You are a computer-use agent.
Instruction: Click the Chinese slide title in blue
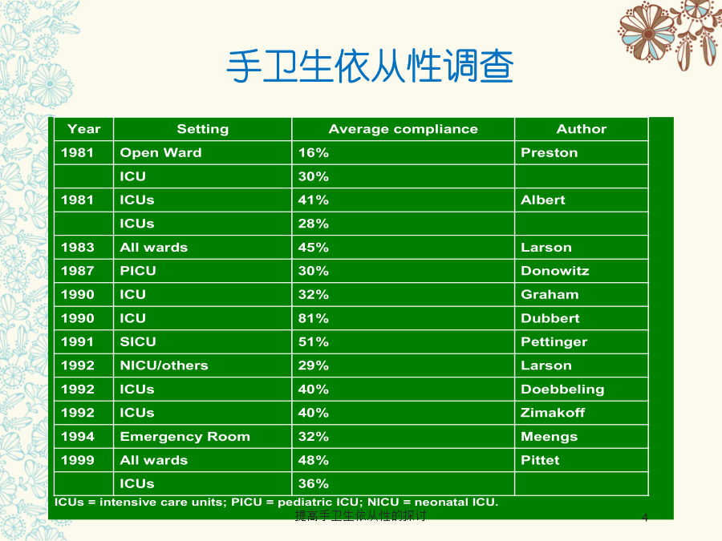pyautogui.click(x=370, y=67)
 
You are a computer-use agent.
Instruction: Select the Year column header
pyautogui.click(x=83, y=129)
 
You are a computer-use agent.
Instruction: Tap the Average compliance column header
pyautogui.click(x=403, y=129)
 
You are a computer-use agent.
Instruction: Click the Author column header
pyautogui.click(x=581, y=129)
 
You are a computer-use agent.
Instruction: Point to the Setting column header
pyautogui.click(x=203, y=129)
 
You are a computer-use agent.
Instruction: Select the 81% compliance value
pyautogui.click(x=313, y=318)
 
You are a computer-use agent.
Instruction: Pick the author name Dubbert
pyautogui.click(x=550, y=318)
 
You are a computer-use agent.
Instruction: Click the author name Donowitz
pyautogui.click(x=555, y=271)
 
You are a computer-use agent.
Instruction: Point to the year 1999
pyautogui.click(x=77, y=460)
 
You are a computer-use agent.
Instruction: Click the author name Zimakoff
pyautogui.click(x=553, y=413)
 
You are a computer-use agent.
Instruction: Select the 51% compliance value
pyautogui.click(x=313, y=341)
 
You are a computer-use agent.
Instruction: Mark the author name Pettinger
pyautogui.click(x=554, y=342)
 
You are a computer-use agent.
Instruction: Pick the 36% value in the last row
pyautogui.click(x=313, y=483)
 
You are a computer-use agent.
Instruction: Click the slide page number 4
pyautogui.click(x=645, y=518)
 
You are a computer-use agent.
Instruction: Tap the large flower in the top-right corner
pyautogui.click(x=647, y=33)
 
